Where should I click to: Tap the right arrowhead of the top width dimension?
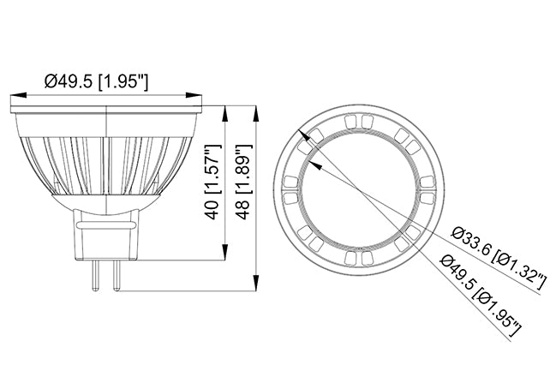coord(198,97)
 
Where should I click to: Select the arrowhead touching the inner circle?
coord(312,152)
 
